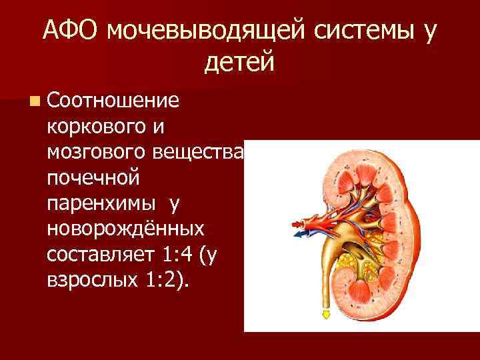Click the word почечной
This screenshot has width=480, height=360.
(x=93, y=178)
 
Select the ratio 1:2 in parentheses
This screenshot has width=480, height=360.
(x=166, y=280)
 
